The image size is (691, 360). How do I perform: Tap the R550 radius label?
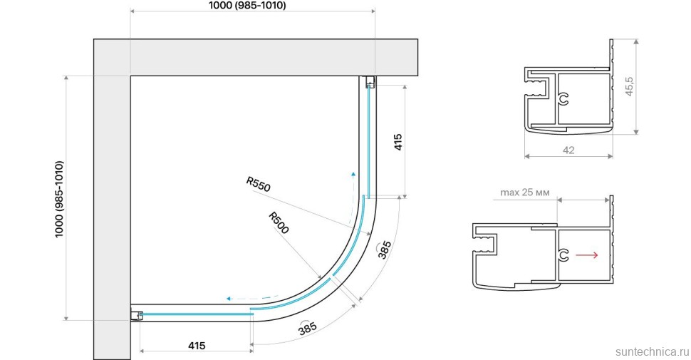tap(259, 185)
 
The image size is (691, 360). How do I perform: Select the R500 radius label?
tap(279, 223)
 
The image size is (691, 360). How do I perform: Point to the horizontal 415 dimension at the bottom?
tap(197, 346)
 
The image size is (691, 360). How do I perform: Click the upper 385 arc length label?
tap(385, 249)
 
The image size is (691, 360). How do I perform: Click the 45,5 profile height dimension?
tap(630, 86)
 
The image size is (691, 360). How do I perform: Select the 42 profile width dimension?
tap(568, 150)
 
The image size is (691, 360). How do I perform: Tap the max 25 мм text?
tap(524, 192)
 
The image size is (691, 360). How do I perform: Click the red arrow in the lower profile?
tap(586, 254)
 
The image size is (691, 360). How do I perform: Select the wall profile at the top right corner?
tap(370, 82)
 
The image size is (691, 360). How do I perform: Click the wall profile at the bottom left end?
tap(137, 316)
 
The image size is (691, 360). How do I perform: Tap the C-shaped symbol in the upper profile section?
tap(564, 101)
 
